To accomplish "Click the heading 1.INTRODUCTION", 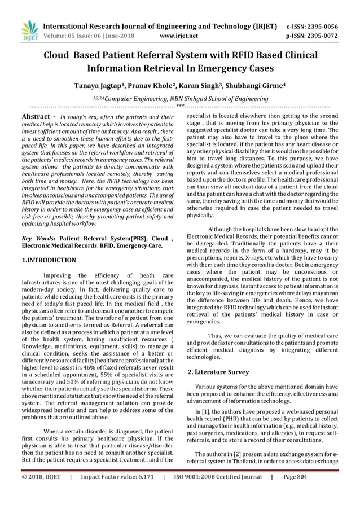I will tap(49, 261).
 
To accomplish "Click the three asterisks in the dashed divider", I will tap(180, 106).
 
